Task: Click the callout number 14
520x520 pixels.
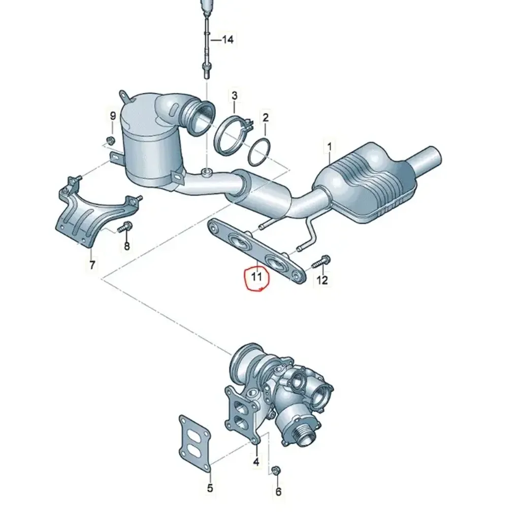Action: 228,40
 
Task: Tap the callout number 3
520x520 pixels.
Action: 235,96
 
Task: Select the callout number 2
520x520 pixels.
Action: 265,117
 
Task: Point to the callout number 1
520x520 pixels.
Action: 329,146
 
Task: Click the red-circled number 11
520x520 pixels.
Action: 256,276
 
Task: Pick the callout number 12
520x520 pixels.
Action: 322,280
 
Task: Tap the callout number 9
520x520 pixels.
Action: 113,116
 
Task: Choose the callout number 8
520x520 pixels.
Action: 126,246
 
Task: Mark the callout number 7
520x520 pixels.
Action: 92,265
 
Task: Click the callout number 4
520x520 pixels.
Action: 256,461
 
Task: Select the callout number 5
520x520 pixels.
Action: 210,488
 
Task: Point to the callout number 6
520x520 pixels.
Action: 278,491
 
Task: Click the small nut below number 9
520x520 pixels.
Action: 111,140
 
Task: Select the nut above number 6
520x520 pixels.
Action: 276,471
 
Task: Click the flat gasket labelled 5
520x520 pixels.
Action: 194,442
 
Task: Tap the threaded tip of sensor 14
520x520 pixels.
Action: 206,72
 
